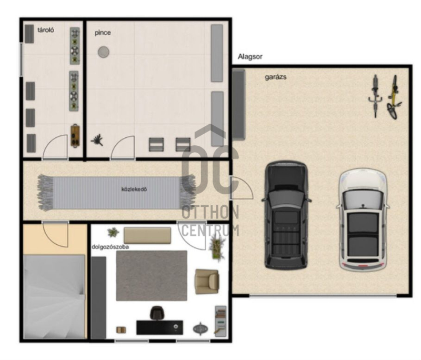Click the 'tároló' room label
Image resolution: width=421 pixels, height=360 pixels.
(46, 30)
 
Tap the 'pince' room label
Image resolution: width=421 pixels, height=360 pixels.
(103, 33)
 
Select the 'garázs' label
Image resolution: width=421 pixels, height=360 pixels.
(275, 77)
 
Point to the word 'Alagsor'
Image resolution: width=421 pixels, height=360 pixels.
(250, 57)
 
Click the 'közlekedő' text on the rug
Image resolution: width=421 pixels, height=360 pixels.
(134, 189)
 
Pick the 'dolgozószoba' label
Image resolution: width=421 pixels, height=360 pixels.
(110, 247)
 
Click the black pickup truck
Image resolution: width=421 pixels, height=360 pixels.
(286, 215)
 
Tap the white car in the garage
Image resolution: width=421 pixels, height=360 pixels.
(363, 219)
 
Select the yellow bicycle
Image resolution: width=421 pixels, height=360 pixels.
(394, 97)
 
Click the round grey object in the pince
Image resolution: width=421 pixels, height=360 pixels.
(103, 52)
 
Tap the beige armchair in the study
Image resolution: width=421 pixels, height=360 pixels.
(207, 282)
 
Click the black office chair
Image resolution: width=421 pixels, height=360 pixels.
(157, 313)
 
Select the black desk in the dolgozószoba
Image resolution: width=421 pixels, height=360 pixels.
(160, 327)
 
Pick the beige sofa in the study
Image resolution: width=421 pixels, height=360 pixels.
(147, 235)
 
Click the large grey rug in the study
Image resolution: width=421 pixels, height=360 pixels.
(152, 276)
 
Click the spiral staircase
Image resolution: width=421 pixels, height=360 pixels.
(54, 297)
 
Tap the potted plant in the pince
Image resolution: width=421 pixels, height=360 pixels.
(97, 139)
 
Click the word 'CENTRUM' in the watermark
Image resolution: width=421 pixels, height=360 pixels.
(210, 231)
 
